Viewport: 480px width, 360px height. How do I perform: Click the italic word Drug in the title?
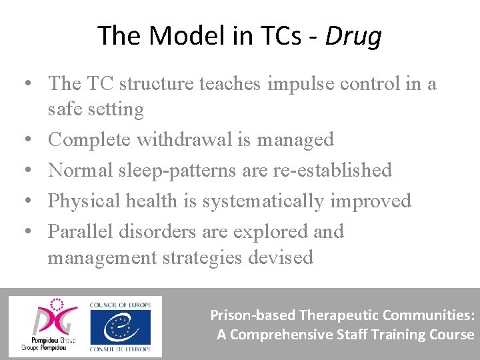click(353, 36)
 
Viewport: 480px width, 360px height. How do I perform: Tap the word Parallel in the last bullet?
click(81, 231)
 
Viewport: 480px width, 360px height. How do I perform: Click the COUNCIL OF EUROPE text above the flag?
click(120, 305)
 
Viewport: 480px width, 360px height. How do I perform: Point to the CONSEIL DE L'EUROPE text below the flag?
click(120, 349)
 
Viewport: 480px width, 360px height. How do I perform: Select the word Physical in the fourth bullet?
click(82, 201)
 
